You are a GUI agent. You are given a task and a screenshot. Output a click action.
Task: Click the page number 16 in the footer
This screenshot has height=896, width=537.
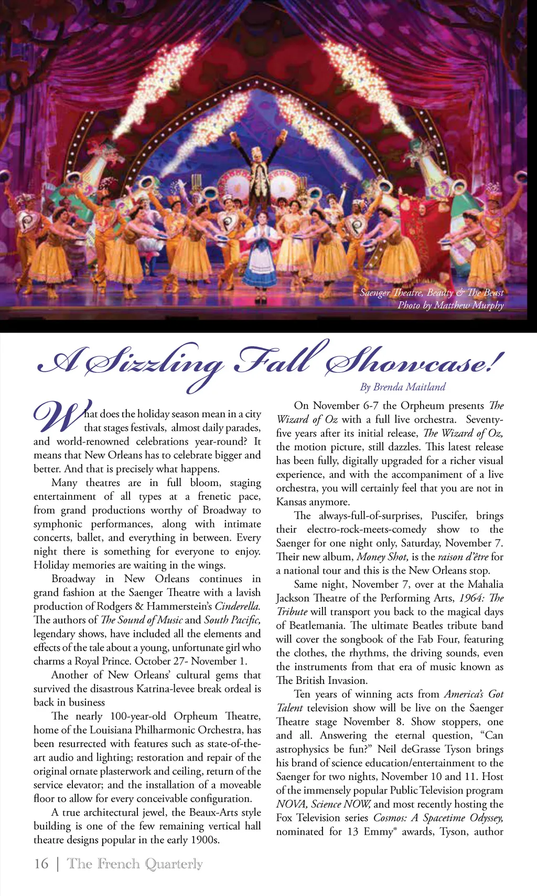coord(41,863)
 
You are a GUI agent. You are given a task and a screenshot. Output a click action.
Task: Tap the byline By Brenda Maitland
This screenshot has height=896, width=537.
coord(402,387)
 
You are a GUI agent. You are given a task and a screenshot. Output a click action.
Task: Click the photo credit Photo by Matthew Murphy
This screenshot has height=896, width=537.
coord(450,305)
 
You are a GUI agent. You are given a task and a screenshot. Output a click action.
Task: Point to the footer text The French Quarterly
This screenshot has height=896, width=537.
coord(135,863)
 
